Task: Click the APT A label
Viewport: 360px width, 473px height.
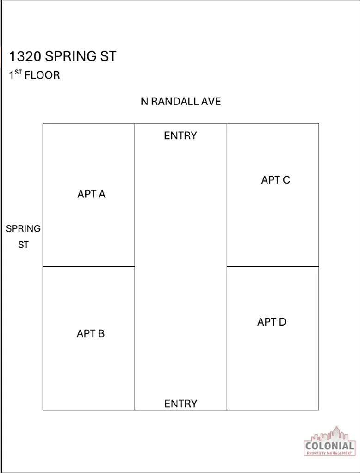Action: [x=91, y=194]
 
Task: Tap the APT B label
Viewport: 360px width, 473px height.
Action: [x=91, y=333]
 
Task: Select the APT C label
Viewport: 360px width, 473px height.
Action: [x=275, y=180]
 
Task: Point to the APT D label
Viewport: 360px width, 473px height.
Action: [x=272, y=322]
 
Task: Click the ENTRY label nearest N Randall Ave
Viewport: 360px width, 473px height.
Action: [x=180, y=135]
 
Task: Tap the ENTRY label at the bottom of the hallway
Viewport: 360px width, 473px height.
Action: [x=180, y=404]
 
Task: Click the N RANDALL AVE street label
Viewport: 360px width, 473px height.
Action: [x=180, y=101]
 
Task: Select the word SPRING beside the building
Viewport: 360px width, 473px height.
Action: [x=23, y=229]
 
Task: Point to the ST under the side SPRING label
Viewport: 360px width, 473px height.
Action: [x=23, y=245]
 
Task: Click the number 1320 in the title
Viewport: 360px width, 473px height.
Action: [x=25, y=56]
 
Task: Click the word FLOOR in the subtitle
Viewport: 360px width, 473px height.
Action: [x=42, y=75]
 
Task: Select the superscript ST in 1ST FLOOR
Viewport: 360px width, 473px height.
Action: [x=18, y=73]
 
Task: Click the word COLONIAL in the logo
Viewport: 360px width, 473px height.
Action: [x=329, y=446]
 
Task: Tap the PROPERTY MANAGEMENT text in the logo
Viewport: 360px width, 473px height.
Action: [x=329, y=453]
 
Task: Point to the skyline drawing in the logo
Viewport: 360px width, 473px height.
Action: [x=329, y=434]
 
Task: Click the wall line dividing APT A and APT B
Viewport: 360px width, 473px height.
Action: [x=89, y=267]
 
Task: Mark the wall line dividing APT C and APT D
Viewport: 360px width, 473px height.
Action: [x=273, y=267]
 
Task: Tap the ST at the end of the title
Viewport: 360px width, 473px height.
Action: [x=108, y=56]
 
